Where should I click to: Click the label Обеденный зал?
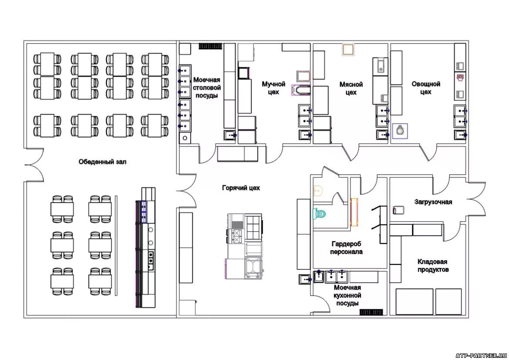pyautogui.click(x=102, y=162)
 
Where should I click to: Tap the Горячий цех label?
pyautogui.click(x=241, y=188)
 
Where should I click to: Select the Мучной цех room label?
pyautogui.click(x=273, y=88)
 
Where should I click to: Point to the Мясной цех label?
pyautogui.click(x=351, y=88)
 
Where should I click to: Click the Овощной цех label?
pyautogui.click(x=426, y=88)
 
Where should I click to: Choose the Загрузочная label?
pyautogui.click(x=433, y=202)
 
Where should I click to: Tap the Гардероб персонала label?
pyautogui.click(x=346, y=248)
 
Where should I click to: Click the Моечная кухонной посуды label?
pyautogui.click(x=347, y=295)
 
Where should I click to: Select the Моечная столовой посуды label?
pyautogui.click(x=207, y=88)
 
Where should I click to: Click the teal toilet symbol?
pyautogui.click(x=320, y=214)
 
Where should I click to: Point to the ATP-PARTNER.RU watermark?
pyautogui.click(x=481, y=356)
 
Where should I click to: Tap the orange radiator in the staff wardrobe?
pyautogui.click(x=354, y=212)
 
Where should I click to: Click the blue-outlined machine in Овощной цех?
pyautogui.click(x=400, y=131)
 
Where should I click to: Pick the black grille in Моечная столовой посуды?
pyautogui.click(x=210, y=46)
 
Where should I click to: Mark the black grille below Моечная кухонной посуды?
pyautogui.click(x=371, y=312)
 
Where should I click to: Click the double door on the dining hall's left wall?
pyautogui.click(x=34, y=165)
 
